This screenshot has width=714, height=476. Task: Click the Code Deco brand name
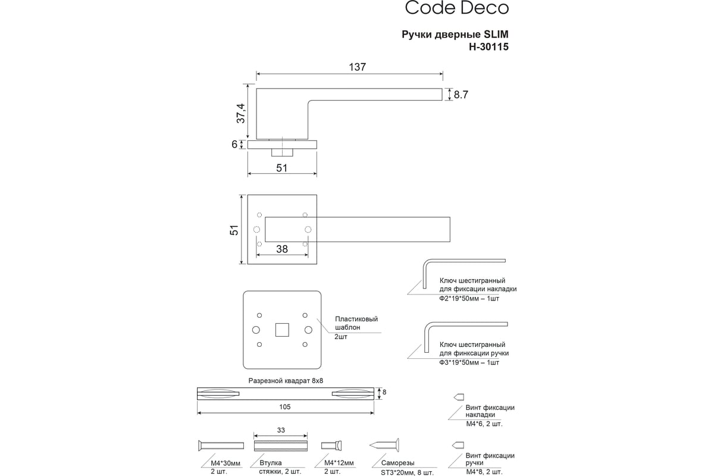point(457,8)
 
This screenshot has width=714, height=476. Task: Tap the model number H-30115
point(488,47)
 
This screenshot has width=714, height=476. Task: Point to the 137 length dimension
point(358,67)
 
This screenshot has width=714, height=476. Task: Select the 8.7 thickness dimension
point(461,95)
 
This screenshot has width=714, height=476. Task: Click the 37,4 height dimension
point(241,113)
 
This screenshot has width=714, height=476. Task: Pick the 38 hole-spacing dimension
point(282,249)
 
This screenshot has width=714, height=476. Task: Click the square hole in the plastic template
point(282,330)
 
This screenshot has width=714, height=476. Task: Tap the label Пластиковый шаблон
point(356,323)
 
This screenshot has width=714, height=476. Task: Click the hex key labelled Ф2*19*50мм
point(464,274)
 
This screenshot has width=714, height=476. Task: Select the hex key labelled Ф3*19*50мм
point(466,337)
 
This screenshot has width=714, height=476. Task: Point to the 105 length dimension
point(285,407)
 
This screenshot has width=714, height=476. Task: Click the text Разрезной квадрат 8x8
point(286,381)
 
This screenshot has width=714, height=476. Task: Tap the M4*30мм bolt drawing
point(221,446)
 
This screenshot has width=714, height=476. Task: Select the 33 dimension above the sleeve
point(281,430)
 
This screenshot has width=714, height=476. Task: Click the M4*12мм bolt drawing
point(331,446)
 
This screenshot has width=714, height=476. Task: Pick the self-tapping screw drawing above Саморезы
point(384,445)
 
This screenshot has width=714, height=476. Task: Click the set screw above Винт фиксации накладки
point(459,397)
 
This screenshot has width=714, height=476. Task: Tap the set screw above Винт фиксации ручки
point(458,445)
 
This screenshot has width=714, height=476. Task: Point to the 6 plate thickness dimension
point(234,145)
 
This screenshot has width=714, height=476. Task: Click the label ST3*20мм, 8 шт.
point(407,472)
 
